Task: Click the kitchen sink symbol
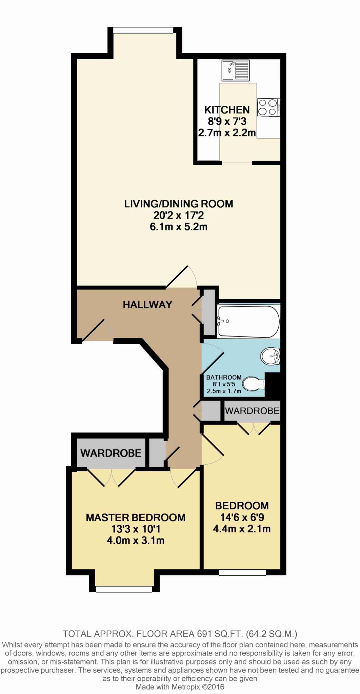click(x=236, y=70)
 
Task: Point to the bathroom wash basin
click(x=271, y=356)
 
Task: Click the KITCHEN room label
click(x=227, y=110)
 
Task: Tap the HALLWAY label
click(x=147, y=305)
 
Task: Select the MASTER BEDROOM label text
click(x=136, y=517)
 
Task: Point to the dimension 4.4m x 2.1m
click(x=242, y=529)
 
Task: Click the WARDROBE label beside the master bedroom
click(x=111, y=453)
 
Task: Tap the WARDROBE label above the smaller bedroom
click(x=252, y=411)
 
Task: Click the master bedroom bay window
click(x=124, y=589)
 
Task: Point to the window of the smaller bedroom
click(x=242, y=572)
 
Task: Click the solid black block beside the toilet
click(x=273, y=386)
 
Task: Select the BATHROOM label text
click(x=224, y=377)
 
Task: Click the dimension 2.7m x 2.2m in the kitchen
click(x=227, y=132)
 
